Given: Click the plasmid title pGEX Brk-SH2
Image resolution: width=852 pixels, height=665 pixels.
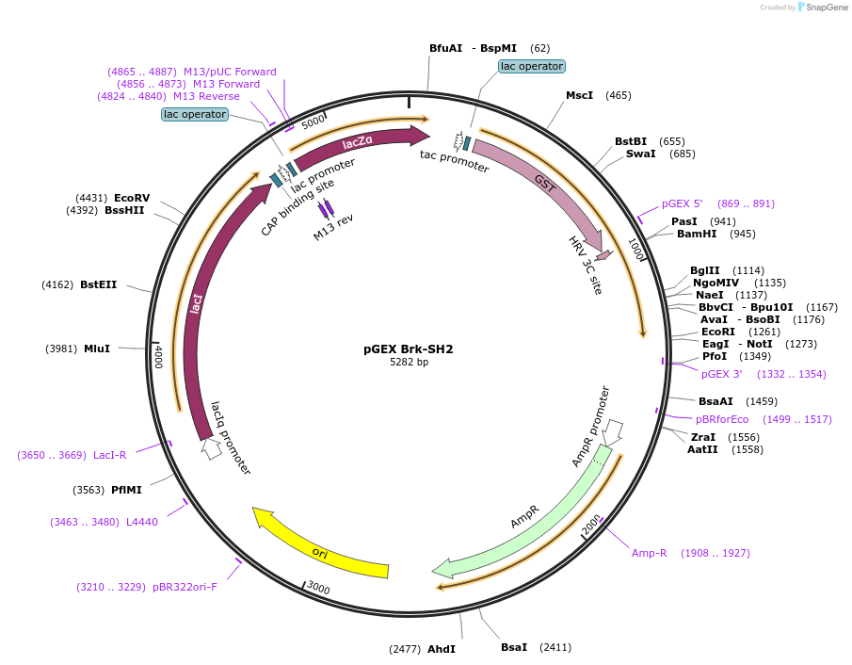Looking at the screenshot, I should (x=409, y=349).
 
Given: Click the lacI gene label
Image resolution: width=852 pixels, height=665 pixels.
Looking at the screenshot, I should (x=197, y=304).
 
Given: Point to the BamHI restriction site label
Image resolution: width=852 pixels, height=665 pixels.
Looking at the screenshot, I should (x=697, y=235).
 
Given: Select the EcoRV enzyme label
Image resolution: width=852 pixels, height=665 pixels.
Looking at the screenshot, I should (x=132, y=198).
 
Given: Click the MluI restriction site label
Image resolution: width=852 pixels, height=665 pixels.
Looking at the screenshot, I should (x=97, y=349).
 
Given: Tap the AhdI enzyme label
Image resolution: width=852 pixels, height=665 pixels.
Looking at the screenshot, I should (x=442, y=649).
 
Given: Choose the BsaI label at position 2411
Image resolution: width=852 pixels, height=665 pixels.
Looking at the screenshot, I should (x=514, y=647).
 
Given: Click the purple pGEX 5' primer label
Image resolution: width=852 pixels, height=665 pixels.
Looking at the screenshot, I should (x=683, y=203).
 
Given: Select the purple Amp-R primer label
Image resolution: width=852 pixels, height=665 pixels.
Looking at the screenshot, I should (x=650, y=553).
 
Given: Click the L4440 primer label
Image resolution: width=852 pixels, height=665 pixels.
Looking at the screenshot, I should (x=142, y=522).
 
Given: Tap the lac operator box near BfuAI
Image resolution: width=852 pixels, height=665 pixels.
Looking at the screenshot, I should (x=532, y=67).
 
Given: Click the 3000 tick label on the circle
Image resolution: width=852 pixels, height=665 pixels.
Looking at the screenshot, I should (x=318, y=589).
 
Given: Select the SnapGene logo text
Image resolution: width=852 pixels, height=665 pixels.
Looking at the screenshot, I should (x=826, y=8).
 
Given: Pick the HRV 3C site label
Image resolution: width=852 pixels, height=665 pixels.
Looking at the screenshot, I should (x=585, y=265).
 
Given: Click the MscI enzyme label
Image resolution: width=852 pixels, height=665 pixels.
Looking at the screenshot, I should (x=579, y=95).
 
